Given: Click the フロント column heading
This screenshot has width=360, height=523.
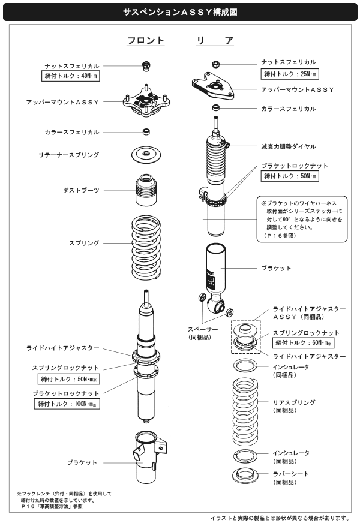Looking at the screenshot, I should pos(145,41).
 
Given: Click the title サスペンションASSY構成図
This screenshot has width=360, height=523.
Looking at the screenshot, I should pos(179,11).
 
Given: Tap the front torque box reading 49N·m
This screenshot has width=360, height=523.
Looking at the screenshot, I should pos(72,77).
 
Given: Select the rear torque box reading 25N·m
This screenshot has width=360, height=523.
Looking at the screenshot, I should pos(290,74).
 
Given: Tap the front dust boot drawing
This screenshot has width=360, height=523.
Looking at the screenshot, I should pos(145,190).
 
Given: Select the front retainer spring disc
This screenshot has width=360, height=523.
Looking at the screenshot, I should pos(145,155).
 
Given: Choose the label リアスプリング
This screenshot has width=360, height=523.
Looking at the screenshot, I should pos(293,402).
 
